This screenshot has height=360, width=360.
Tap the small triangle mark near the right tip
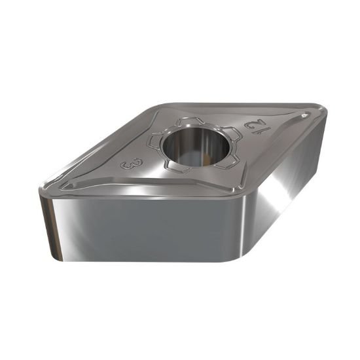coord(305,116)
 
